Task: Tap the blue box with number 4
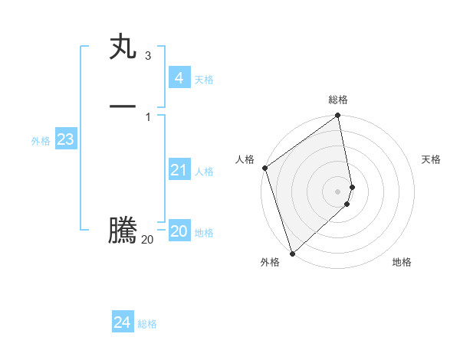179,77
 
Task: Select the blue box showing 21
179,170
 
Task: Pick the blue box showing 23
65,139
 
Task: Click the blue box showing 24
123,322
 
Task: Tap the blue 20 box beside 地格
179,231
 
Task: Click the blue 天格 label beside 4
204,80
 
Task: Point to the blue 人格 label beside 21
205,172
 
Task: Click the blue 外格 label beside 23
41,141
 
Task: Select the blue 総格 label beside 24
147,324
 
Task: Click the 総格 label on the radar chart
338,100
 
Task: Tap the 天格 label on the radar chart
432,159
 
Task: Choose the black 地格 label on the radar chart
402,262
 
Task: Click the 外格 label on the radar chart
270,262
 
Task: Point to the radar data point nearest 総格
338,116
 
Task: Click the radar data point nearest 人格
264,168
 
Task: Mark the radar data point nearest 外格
292,252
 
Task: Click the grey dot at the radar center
338,191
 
